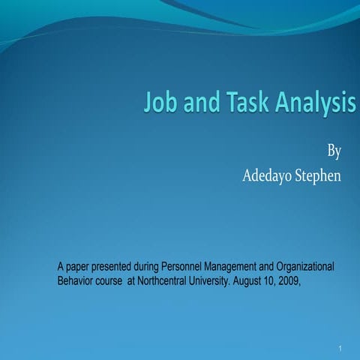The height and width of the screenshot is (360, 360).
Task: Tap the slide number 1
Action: coord(340,349)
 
